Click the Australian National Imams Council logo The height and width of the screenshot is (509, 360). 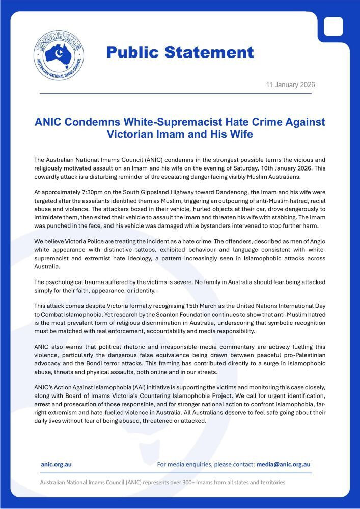[x=59, y=55]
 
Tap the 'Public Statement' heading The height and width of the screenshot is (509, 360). [x=180, y=52]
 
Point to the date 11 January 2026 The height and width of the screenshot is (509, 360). [x=290, y=84]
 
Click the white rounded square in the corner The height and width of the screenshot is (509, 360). [x=334, y=26]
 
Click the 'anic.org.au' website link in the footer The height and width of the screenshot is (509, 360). [x=56, y=464]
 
